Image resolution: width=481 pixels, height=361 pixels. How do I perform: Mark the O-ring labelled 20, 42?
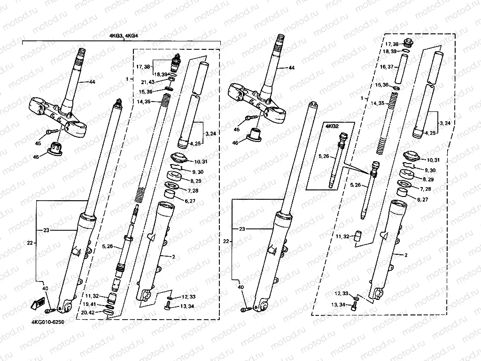109,312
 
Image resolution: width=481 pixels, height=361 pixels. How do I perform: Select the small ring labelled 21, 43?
171,80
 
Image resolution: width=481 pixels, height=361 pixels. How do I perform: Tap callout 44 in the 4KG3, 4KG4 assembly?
92,82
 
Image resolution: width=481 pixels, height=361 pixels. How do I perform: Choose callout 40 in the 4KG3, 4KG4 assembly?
45,288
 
